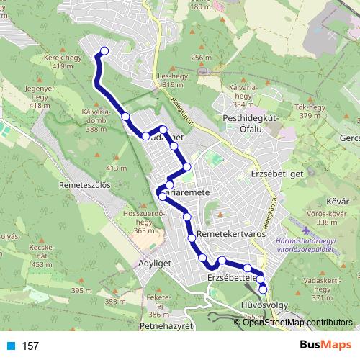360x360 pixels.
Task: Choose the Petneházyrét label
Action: pos(171,325)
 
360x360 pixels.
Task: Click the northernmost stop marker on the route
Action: pos(105,50)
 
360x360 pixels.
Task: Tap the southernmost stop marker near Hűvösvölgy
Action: pos(263,289)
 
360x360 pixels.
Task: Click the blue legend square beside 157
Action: pos(10,346)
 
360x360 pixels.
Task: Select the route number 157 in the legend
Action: pos(30,346)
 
